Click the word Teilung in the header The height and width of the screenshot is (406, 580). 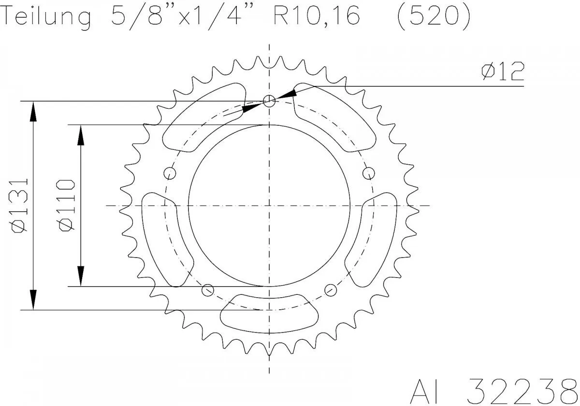click(x=46, y=17)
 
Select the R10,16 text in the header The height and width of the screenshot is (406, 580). click(x=317, y=17)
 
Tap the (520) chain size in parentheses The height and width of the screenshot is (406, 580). click(x=433, y=17)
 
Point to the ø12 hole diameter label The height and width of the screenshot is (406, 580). click(x=503, y=72)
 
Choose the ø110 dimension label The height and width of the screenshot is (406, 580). click(x=66, y=205)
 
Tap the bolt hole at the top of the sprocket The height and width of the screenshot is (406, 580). click(x=269, y=101)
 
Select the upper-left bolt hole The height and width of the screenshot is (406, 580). click(x=169, y=173)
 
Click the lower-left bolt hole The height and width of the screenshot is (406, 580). click(x=207, y=290)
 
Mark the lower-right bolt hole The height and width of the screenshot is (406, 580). click(x=331, y=290)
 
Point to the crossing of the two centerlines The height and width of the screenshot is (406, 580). click(x=269, y=206)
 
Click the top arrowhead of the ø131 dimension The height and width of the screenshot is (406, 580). click(x=33, y=111)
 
